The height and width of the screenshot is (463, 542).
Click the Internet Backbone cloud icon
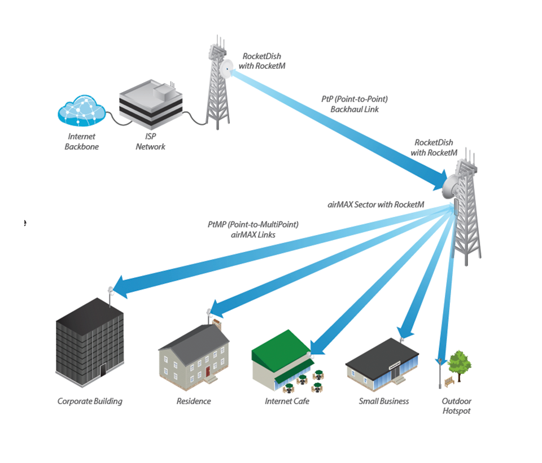[81, 111]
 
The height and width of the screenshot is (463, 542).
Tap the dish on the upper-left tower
[228, 67]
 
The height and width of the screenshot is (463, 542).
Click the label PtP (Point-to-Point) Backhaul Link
[354, 104]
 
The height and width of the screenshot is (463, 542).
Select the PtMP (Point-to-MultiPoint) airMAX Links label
[253, 229]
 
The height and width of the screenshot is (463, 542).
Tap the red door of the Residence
[208, 371]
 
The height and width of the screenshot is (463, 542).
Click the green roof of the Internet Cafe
[279, 345]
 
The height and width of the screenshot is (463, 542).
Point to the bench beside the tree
[449, 382]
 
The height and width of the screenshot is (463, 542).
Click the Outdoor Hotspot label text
[456, 406]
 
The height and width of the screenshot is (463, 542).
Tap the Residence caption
[194, 401]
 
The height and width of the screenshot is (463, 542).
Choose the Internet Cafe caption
[287, 401]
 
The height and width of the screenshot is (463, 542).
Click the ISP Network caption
[151, 142]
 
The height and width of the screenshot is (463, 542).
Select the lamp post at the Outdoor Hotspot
[440, 373]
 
